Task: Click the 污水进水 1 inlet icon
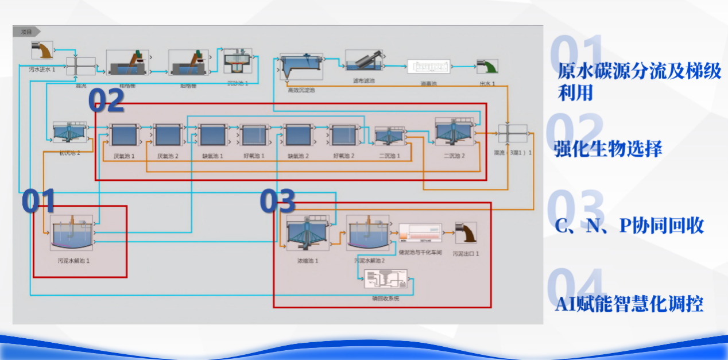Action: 42,50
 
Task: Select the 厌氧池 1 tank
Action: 125,136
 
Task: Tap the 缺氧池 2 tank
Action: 298,136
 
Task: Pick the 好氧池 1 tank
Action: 254,136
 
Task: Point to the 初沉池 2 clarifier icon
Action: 69,133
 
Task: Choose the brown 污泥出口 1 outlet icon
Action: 465,233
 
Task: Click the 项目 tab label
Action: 26,32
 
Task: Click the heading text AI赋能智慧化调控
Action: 629,304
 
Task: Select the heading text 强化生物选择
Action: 608,149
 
